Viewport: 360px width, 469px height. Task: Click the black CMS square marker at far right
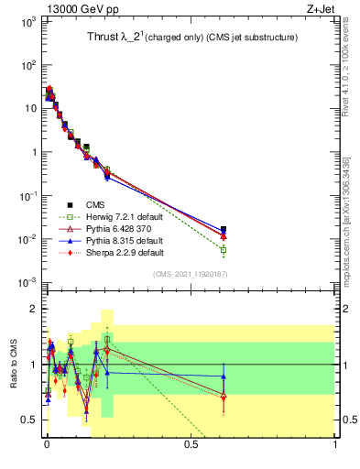224,229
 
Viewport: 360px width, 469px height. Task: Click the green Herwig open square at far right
224,249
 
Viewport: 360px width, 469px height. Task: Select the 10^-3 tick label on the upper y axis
27,282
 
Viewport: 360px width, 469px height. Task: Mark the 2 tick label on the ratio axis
34,309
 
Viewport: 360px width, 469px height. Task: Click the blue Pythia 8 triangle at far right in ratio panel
224,376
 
